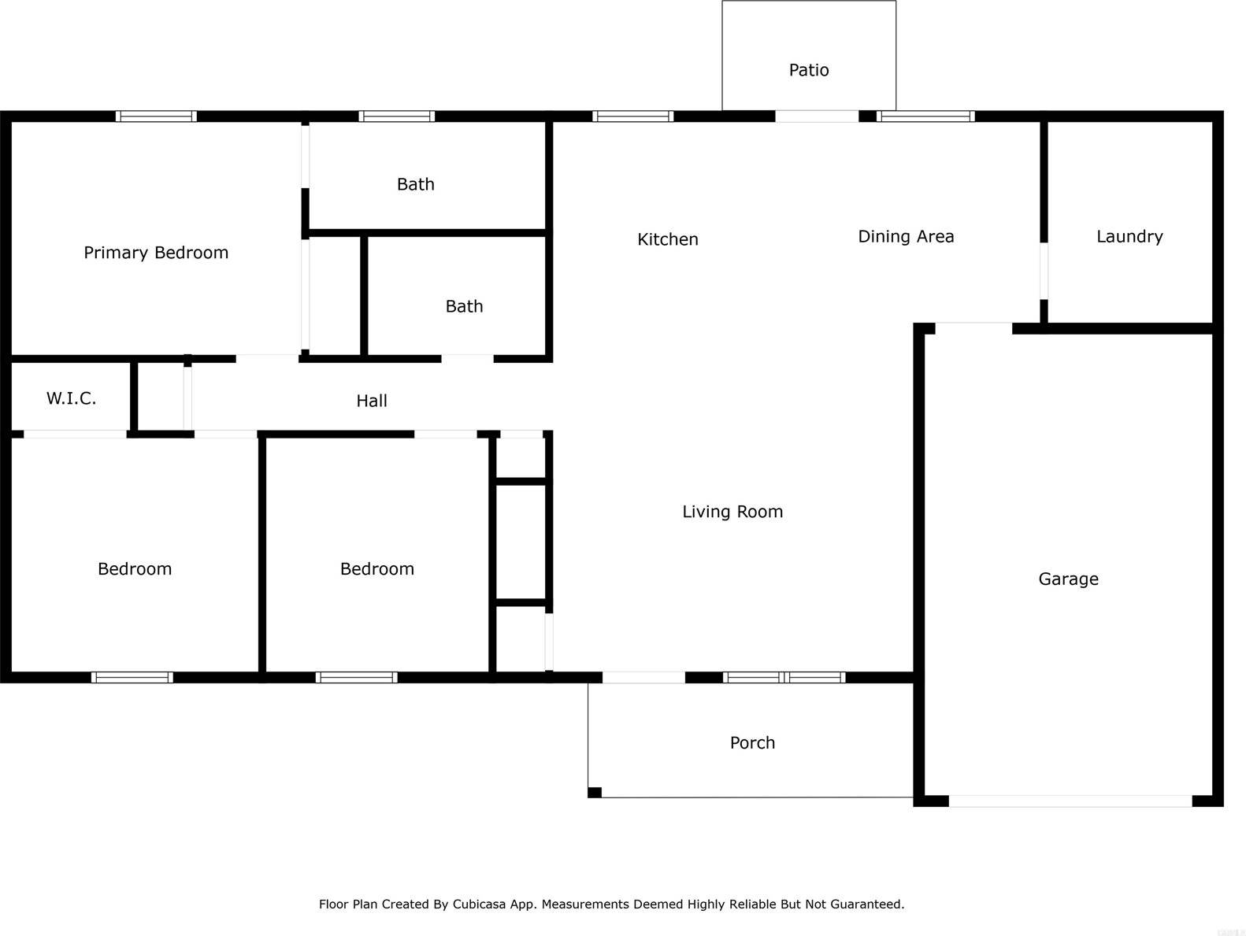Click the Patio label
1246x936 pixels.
click(809, 70)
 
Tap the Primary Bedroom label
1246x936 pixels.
click(156, 253)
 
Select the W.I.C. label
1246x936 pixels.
click(71, 398)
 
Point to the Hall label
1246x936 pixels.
click(372, 401)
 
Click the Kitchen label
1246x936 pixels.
click(668, 239)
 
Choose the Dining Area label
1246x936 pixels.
click(906, 236)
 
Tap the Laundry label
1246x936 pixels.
click(1129, 236)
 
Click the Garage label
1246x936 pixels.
click(1068, 579)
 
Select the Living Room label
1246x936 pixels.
click(732, 512)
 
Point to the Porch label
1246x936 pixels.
click(752, 742)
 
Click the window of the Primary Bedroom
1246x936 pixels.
click(156, 117)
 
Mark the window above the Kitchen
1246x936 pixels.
click(632, 117)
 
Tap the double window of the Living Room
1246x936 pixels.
click(784, 677)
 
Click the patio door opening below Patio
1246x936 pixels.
click(817, 117)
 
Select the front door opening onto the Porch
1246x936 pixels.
click(643, 677)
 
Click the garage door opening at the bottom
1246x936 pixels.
click(1070, 801)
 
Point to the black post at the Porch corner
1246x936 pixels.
click(595, 792)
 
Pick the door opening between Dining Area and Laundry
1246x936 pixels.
click(1044, 271)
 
